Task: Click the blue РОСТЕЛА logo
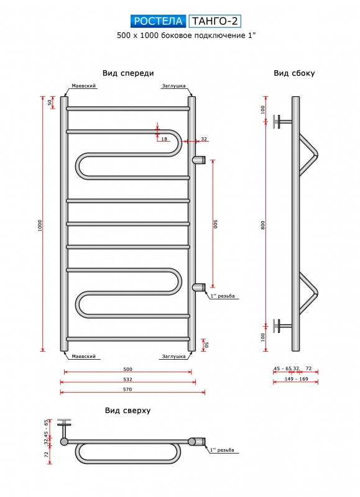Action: tap(159, 21)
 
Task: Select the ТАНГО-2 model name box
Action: tap(215, 21)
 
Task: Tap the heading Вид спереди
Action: tap(128, 73)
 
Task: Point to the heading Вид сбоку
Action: tap(294, 73)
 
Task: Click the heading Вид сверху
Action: tap(128, 411)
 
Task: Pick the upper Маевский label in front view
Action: tap(84, 86)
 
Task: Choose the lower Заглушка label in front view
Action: tap(174, 356)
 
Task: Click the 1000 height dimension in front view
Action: tap(40, 226)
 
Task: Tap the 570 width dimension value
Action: tap(127, 390)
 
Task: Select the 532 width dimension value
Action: tap(127, 379)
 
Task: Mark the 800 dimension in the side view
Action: tap(263, 226)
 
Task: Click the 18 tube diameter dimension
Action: tap(164, 139)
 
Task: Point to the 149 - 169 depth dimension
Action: tap(295, 379)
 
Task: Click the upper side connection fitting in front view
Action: tap(199, 160)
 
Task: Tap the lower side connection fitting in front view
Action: tap(199, 287)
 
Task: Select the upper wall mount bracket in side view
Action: tap(282, 121)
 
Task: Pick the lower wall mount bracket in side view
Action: tap(282, 326)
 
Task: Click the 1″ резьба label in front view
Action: tap(223, 296)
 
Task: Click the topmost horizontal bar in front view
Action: tap(128, 108)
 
